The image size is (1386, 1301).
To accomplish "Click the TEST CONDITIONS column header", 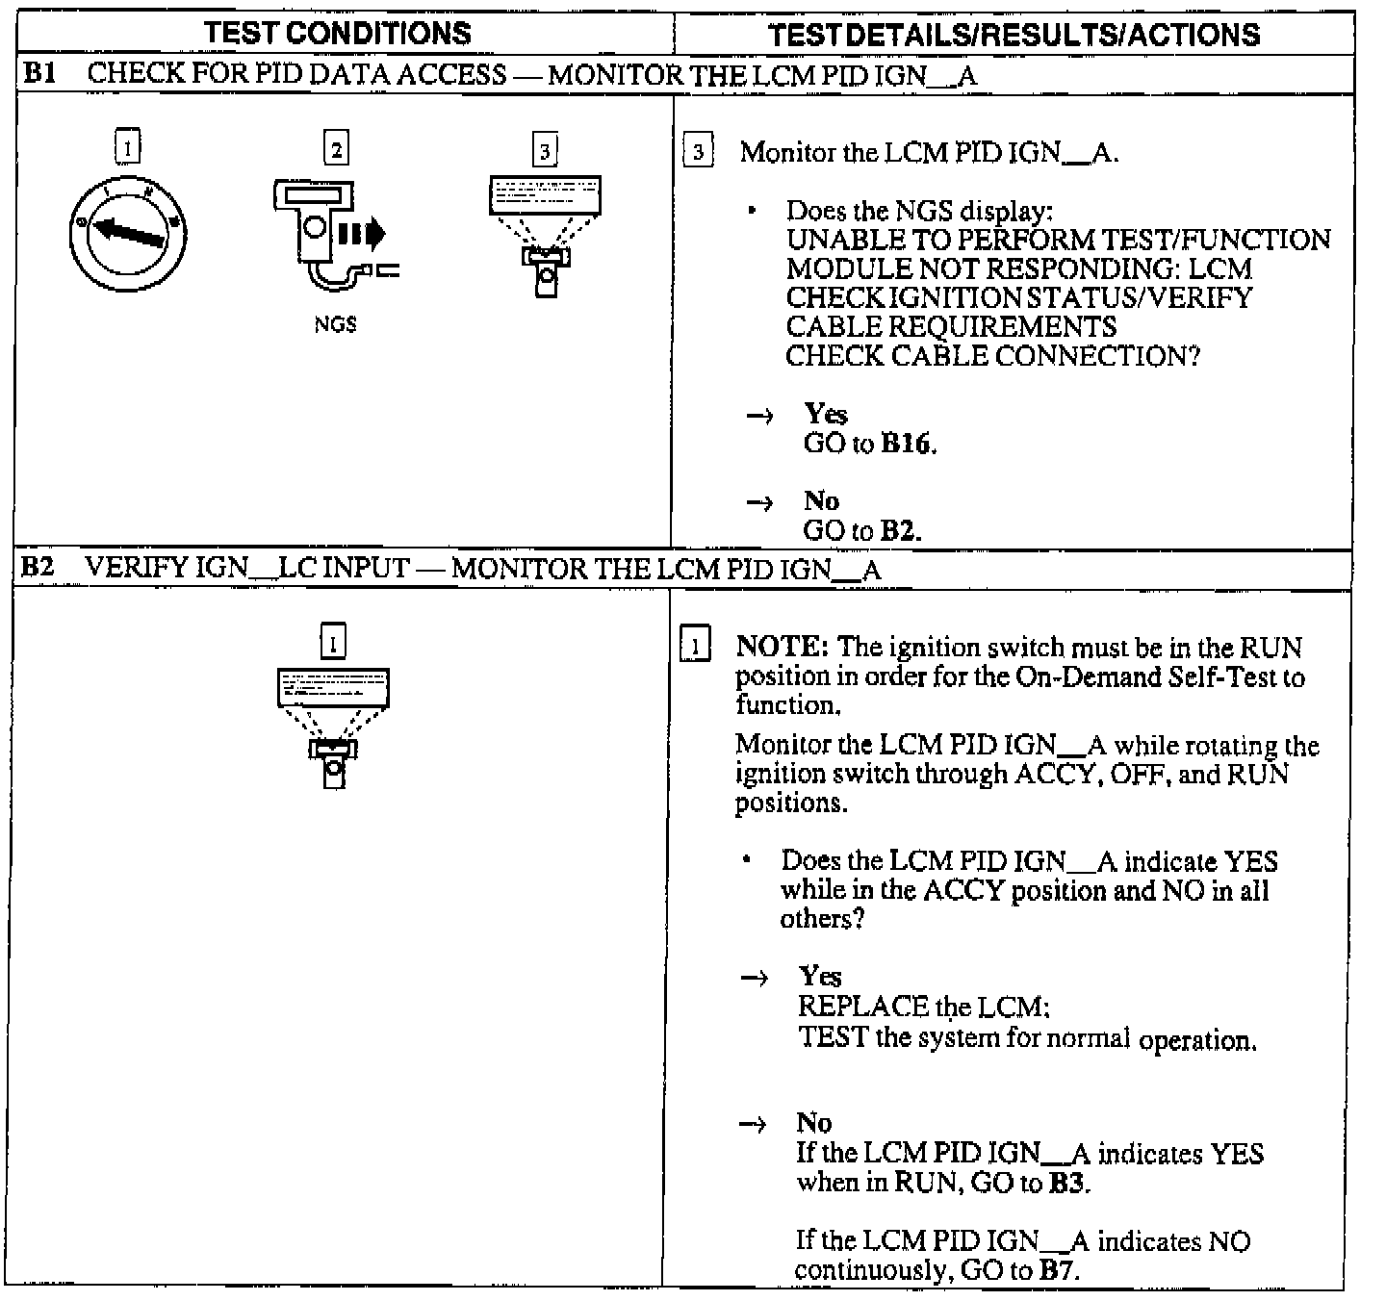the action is pyautogui.click(x=338, y=34).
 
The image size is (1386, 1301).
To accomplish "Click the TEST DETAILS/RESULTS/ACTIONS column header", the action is pyautogui.click(x=1014, y=35).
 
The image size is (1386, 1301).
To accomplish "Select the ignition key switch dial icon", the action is pyautogui.click(x=129, y=234).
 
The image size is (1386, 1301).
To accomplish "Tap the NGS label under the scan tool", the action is pyautogui.click(x=335, y=324).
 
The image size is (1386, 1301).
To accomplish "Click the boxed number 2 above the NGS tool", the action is pyautogui.click(x=336, y=149).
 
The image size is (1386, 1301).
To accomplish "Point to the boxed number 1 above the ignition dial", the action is pyautogui.click(x=127, y=147).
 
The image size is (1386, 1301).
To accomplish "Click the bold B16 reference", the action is pyautogui.click(x=908, y=445).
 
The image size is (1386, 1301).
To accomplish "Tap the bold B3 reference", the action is pyautogui.click(x=1067, y=1183).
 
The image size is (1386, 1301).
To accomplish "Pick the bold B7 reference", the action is pyautogui.click(x=1058, y=1270).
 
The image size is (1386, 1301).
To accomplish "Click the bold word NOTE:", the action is pyautogui.click(x=782, y=648).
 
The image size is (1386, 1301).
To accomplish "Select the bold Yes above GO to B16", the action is pyautogui.click(x=826, y=415).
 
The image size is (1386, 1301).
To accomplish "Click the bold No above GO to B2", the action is pyautogui.click(x=821, y=501).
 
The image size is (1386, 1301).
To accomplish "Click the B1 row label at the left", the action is pyautogui.click(x=38, y=74).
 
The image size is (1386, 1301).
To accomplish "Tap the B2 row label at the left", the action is pyautogui.click(x=38, y=567).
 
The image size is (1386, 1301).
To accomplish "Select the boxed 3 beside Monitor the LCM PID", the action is pyautogui.click(x=698, y=152).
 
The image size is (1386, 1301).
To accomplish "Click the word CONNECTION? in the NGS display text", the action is pyautogui.click(x=1097, y=356).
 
